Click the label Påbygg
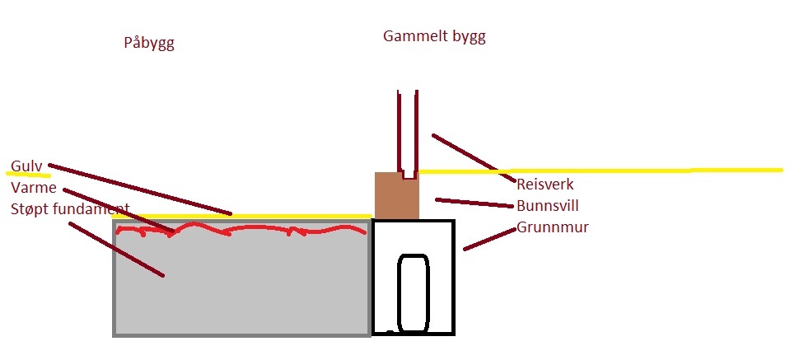pos(148,44)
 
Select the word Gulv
pos(26,165)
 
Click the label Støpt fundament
pos(70,208)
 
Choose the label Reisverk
pos(545,185)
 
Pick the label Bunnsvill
pos(548,206)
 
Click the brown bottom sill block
pos(396,195)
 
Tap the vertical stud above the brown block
pos(408,132)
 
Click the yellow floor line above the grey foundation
pos(247,217)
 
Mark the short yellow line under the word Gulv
pos(29,175)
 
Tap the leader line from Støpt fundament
pos(115,249)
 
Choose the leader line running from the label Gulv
pos(140,189)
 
